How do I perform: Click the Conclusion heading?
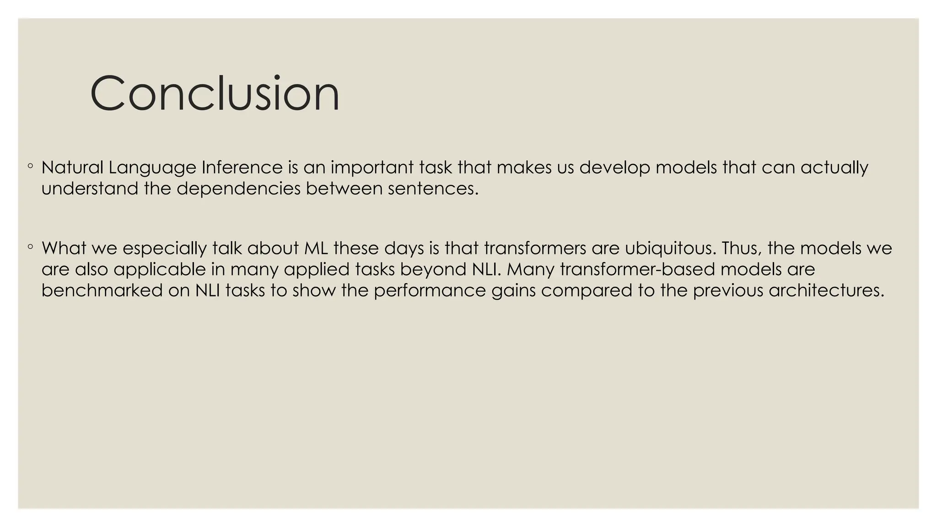[215, 93]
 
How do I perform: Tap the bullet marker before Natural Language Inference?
[30, 167]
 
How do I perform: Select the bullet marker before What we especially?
[30, 247]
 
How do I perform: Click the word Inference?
[242, 167]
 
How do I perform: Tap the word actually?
[834, 168]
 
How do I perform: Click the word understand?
[89, 188]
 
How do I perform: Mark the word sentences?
[433, 188]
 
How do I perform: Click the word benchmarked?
[102, 290]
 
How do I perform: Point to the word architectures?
[826, 290]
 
